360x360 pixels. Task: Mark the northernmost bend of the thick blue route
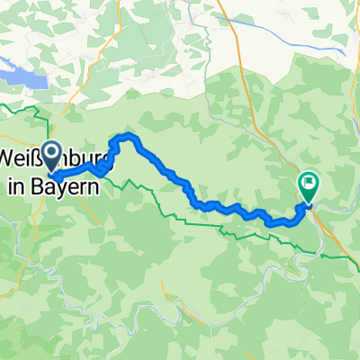[x=127, y=136]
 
